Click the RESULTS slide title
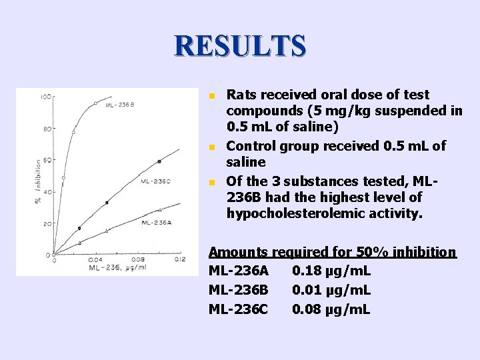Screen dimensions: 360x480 240,45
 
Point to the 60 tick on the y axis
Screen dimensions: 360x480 47,161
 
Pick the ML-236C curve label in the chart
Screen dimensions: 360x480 155,181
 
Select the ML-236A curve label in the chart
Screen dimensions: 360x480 156,222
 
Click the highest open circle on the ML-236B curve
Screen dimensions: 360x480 95,103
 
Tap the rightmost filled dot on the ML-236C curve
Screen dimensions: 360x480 159,161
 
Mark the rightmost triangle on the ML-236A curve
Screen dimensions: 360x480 159,210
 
